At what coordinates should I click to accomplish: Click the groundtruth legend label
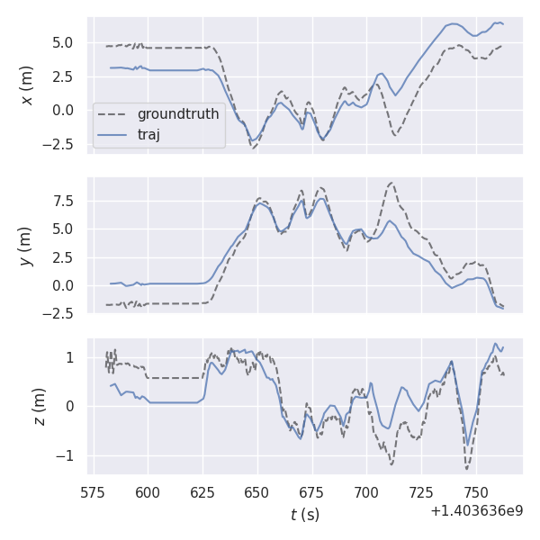pyautogui.click(x=178, y=115)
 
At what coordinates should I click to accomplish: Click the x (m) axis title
pyautogui.click(x=27, y=85)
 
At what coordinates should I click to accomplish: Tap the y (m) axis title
pyautogui.click(x=27, y=246)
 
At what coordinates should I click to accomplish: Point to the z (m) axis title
pyautogui.click(x=27, y=407)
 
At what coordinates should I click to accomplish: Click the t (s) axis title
pyautogui.click(x=305, y=515)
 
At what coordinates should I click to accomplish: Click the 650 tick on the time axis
pyautogui.click(x=257, y=493)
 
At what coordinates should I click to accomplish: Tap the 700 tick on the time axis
pyautogui.click(x=366, y=493)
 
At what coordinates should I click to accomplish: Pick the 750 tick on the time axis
pyautogui.click(x=476, y=493)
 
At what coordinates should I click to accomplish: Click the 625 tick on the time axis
pyautogui.click(x=202, y=493)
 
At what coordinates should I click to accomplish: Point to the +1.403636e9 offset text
pyautogui.click(x=476, y=511)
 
